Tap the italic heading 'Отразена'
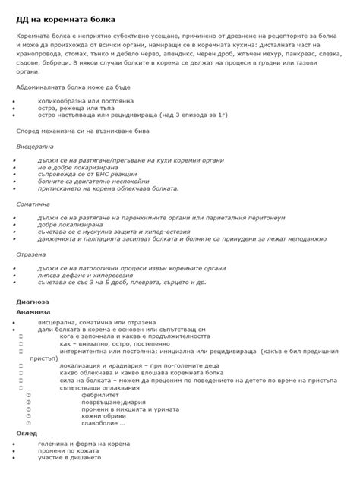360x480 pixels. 32,254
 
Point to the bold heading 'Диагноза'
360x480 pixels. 32,301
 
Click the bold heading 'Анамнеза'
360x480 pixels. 33,311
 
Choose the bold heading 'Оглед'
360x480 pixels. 27,433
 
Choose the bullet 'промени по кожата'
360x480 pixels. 71,450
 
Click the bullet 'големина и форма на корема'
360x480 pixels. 84,443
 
